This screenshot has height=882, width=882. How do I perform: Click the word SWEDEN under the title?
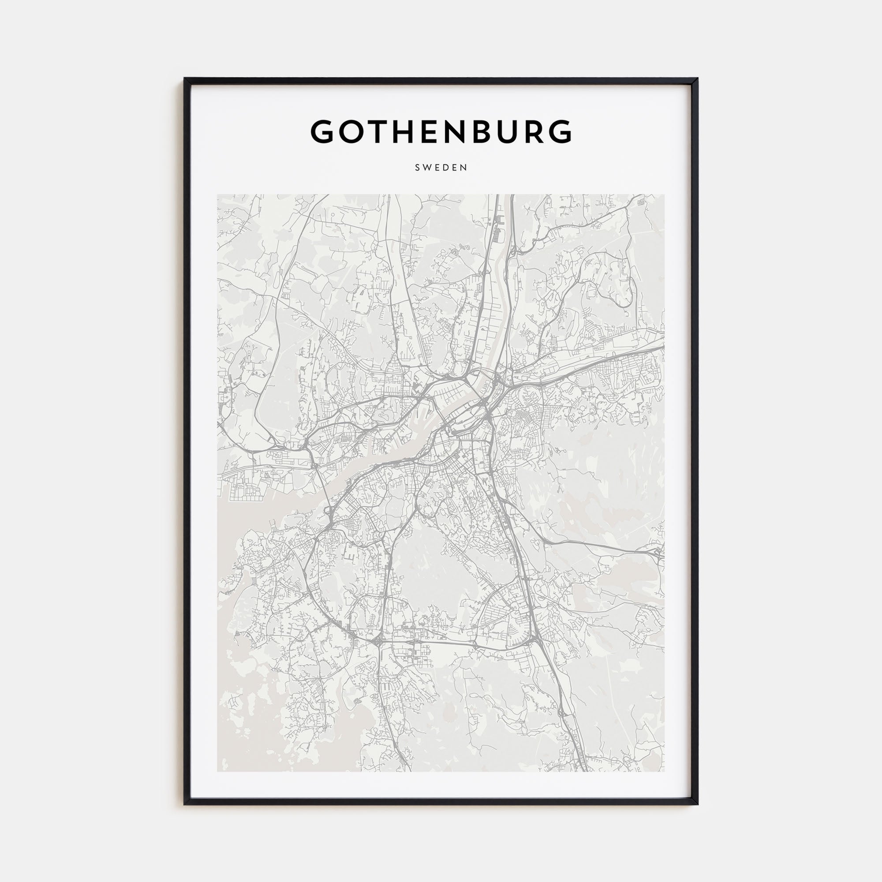441,168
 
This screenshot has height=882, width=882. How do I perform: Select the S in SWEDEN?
417,168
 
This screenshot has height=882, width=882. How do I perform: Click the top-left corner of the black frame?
185,79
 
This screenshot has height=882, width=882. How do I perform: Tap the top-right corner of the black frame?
697,79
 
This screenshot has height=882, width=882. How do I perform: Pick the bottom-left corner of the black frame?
185,804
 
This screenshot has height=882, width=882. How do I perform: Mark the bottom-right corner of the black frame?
697,804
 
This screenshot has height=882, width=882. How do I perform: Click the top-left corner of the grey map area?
218,195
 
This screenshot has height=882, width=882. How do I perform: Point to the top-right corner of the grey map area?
664,195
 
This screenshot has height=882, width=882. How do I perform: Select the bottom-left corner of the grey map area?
218,771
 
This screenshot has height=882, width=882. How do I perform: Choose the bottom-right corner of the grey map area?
664,771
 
